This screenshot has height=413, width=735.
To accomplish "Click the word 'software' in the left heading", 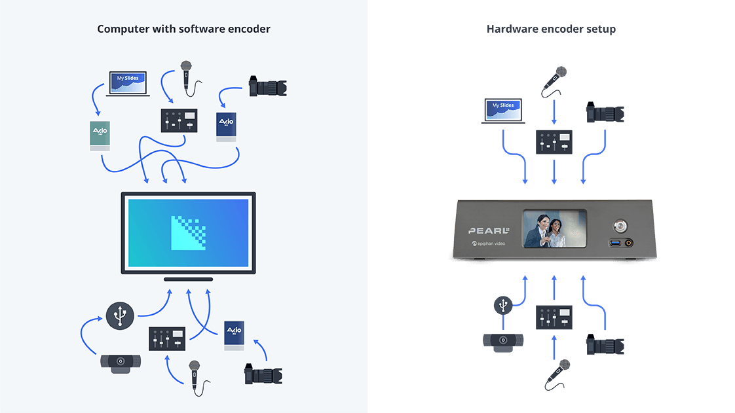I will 202,29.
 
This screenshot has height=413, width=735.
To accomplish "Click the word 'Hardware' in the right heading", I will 508,29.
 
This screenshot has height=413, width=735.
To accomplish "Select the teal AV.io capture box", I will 100,135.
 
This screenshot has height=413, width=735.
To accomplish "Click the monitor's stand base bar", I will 188,279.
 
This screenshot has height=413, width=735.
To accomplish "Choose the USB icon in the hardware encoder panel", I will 502,305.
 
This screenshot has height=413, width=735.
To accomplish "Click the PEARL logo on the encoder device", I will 489,231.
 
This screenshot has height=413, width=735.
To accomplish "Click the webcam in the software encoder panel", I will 120,363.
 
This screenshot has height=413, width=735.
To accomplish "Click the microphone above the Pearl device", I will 554,81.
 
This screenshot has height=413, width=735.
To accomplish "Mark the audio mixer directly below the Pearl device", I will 554,317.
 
